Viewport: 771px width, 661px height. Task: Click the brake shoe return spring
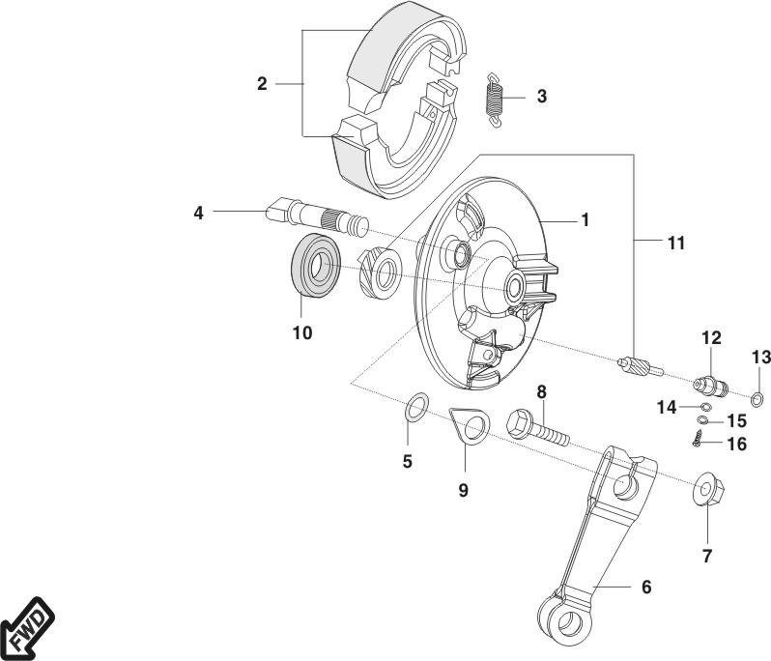coord(496,98)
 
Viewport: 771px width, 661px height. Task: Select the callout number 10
coord(302,333)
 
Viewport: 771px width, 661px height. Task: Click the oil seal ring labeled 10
coord(314,263)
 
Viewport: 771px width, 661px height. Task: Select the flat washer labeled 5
coord(415,406)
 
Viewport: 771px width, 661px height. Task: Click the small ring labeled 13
coord(758,398)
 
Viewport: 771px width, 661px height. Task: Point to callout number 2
coord(262,84)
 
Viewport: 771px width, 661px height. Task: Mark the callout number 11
coord(675,244)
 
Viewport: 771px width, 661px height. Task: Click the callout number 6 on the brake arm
coord(645,587)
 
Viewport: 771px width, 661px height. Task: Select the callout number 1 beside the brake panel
coord(585,220)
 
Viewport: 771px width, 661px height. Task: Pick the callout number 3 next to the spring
coord(541,97)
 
